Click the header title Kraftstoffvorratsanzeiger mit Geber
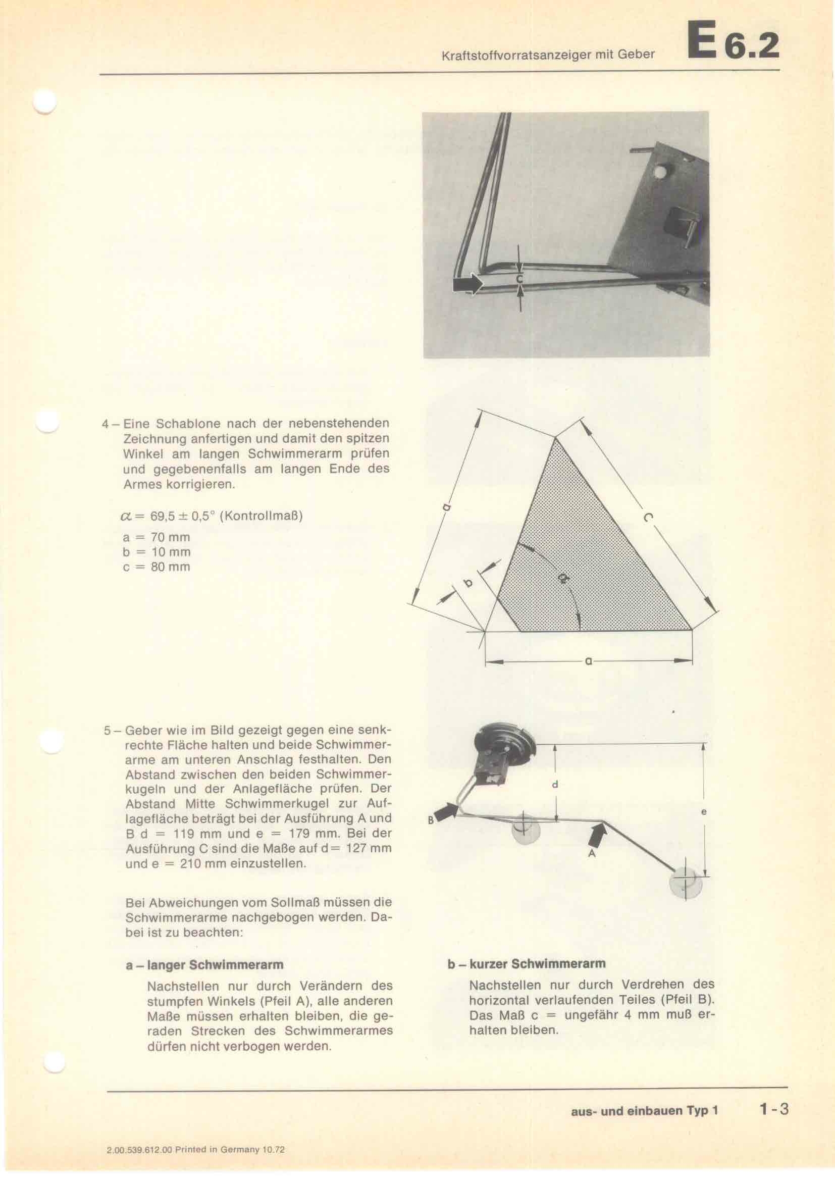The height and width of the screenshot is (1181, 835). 548,55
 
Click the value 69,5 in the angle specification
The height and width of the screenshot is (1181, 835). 161,516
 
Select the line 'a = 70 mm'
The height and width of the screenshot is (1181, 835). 156,537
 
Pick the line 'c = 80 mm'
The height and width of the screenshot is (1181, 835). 156,567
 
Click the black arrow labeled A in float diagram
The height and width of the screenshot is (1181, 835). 598,836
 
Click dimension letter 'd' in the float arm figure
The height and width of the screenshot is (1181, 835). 555,785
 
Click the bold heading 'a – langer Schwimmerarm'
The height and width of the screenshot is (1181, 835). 204,964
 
